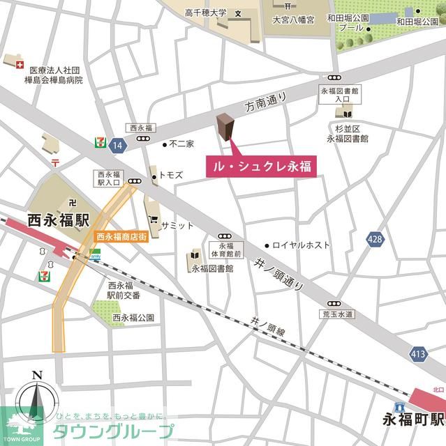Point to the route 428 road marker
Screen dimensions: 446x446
(375, 239)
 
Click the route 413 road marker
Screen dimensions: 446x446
(418, 355)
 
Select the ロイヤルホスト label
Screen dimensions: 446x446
(301, 245)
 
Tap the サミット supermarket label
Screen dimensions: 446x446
(177, 225)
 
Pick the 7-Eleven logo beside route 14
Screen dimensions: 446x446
(101, 141)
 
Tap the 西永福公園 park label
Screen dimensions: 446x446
(133, 318)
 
